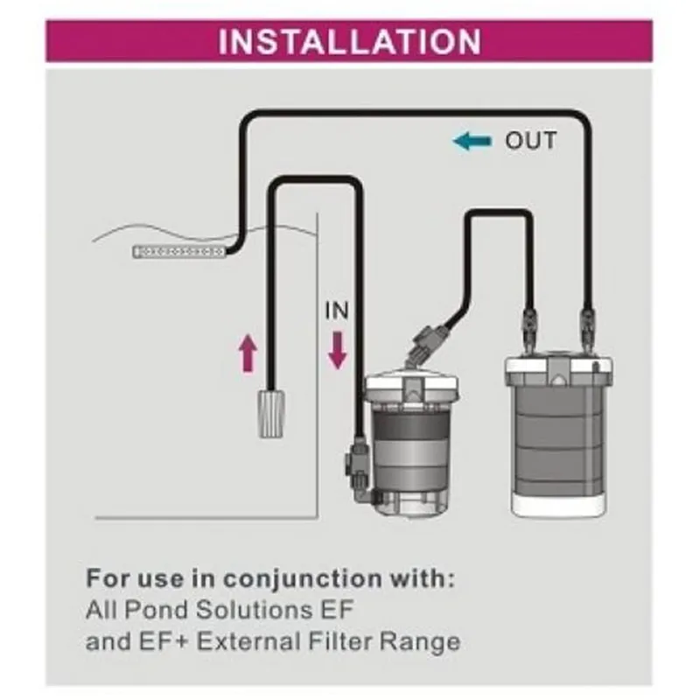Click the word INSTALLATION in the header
click(349, 41)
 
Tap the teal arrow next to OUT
click(472, 141)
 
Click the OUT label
click(530, 141)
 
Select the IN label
click(337, 311)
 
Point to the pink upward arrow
click(248, 354)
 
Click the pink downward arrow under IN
click(338, 350)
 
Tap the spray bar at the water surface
click(178, 252)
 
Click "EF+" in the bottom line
click(167, 641)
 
